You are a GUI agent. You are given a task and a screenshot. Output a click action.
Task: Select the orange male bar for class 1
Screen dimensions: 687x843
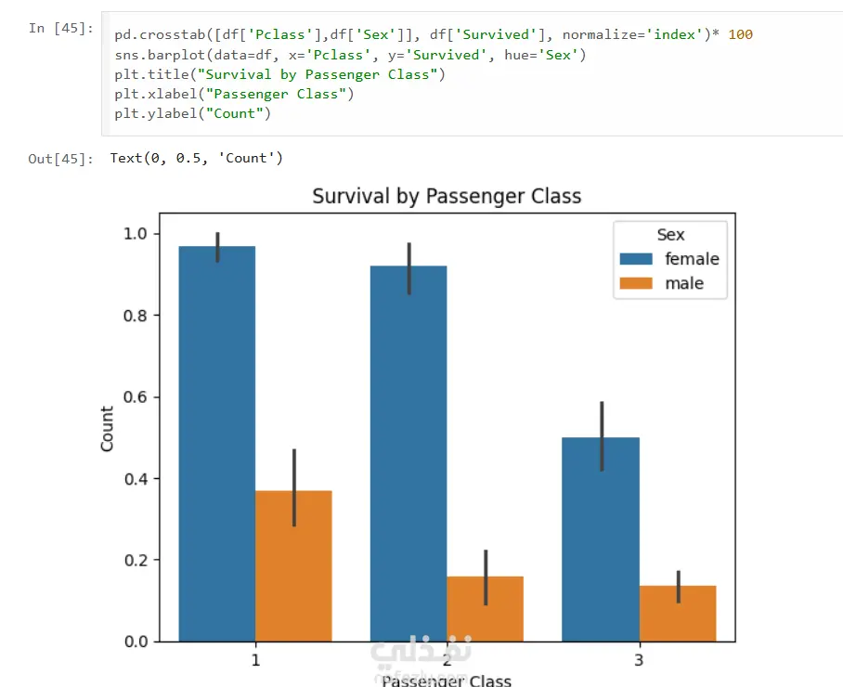point(293,565)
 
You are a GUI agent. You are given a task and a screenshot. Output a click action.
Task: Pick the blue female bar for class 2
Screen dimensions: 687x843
point(409,454)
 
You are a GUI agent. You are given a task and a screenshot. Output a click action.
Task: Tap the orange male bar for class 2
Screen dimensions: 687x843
point(485,608)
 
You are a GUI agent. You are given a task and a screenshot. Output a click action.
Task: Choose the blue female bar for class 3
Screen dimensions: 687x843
point(601,539)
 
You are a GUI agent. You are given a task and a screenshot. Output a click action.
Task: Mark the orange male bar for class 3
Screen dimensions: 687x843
point(678,614)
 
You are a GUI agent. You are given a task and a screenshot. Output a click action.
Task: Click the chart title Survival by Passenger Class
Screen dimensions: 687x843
point(447,196)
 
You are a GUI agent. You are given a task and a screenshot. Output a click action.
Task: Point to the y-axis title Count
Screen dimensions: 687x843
point(108,429)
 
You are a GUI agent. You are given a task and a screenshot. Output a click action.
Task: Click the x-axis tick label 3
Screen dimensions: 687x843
point(639,661)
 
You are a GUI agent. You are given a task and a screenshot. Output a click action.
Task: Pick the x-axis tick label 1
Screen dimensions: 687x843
point(255,661)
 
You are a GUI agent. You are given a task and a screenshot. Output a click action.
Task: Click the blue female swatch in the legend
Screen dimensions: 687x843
point(639,259)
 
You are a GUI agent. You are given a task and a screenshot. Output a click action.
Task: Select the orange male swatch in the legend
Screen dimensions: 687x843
point(639,283)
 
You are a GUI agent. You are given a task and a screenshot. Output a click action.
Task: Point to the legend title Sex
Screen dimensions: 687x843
point(670,235)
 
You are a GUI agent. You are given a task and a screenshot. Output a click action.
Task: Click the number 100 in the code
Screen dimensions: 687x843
point(741,34)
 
